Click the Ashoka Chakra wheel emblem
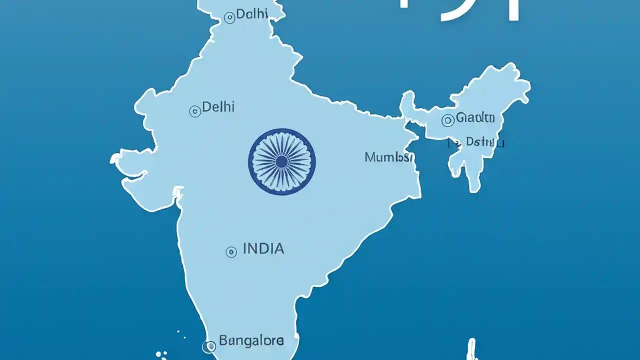click(281, 161)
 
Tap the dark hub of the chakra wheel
click(281, 161)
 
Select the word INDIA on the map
click(263, 249)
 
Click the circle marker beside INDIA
click(231, 252)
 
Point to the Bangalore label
click(251, 342)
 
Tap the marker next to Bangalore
click(208, 345)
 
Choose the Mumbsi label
click(389, 158)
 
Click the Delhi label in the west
click(218, 107)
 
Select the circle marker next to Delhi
click(195, 111)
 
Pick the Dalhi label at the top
click(252, 14)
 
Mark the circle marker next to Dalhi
click(229, 18)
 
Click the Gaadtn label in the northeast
click(475, 118)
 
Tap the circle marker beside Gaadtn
click(448, 120)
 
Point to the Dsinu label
click(484, 142)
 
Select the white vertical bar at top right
click(513, 10)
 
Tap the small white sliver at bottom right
click(471, 349)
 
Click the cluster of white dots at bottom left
click(161, 353)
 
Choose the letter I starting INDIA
click(245, 249)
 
